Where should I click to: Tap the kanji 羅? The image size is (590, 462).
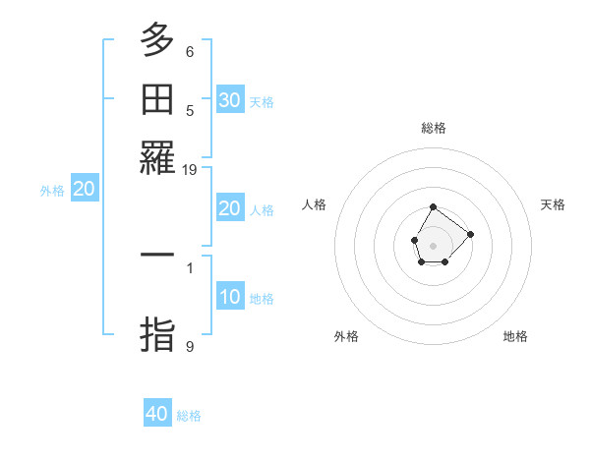point(157,156)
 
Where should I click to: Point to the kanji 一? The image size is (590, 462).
point(157,255)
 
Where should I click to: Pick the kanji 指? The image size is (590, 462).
point(157,333)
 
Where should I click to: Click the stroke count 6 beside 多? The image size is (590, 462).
point(190,52)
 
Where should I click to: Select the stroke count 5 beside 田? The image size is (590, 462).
point(190,110)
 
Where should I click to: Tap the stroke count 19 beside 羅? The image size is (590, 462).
point(190,169)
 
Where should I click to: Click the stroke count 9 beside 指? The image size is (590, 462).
point(190,346)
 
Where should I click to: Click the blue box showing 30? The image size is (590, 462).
point(230,100)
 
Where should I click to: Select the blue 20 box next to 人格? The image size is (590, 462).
point(230,208)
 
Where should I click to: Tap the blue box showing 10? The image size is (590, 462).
point(230,297)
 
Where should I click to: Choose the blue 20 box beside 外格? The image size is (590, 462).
point(85,190)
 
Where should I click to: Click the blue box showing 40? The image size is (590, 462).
point(157,414)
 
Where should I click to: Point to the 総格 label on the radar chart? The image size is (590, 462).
point(434,128)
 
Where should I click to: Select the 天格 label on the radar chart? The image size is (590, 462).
point(553,204)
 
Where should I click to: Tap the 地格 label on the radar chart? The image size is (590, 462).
point(515,336)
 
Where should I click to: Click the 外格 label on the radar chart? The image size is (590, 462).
point(346,336)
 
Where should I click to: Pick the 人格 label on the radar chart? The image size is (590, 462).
point(315,204)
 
